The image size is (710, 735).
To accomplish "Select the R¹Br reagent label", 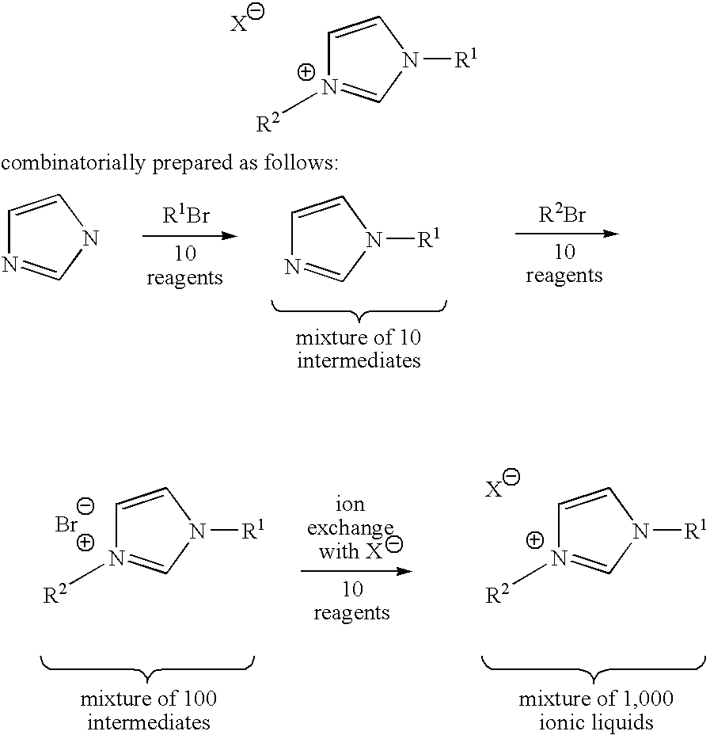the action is (186, 215).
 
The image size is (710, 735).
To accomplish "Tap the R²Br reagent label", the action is (562, 214).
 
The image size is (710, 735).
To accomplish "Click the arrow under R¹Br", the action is (190, 236).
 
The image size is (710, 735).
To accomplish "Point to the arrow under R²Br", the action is (568, 234).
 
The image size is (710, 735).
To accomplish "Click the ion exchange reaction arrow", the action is (356, 571).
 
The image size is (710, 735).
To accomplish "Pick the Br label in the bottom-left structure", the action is (66, 524).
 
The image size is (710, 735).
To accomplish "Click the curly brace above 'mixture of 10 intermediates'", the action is (359, 310).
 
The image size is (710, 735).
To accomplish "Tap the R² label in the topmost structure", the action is (268, 123).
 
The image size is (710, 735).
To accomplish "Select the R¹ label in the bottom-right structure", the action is (695, 531).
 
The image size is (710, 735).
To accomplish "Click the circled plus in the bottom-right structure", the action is (535, 540).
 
